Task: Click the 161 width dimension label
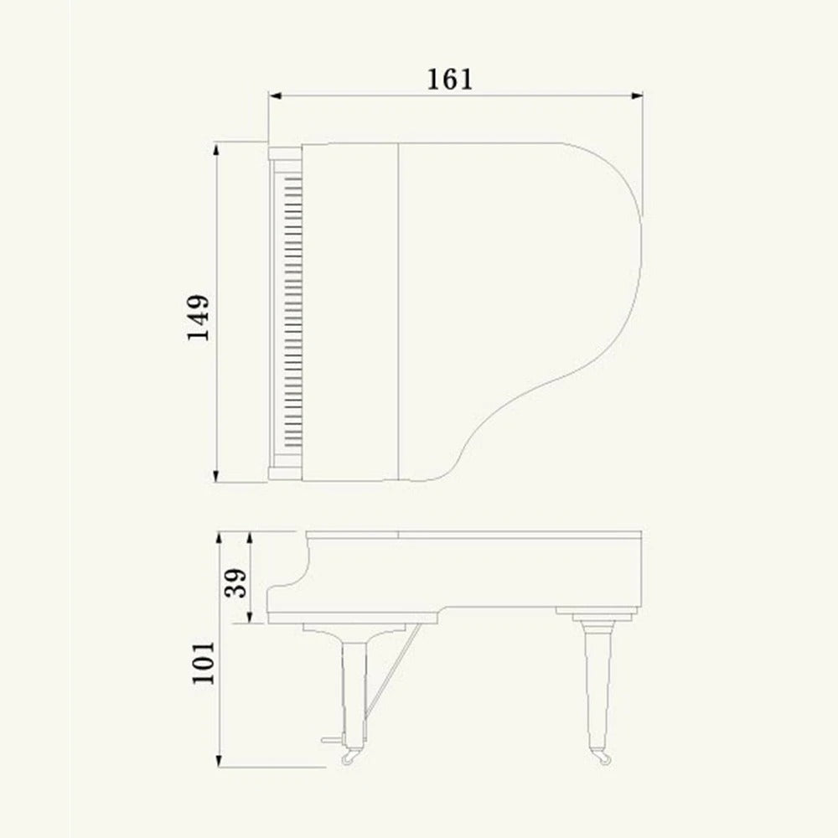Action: [x=450, y=79]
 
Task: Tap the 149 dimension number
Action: [x=199, y=317]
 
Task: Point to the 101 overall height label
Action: [x=204, y=663]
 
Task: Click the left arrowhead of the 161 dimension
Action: [x=273, y=96]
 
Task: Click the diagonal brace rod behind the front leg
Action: [x=391, y=670]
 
